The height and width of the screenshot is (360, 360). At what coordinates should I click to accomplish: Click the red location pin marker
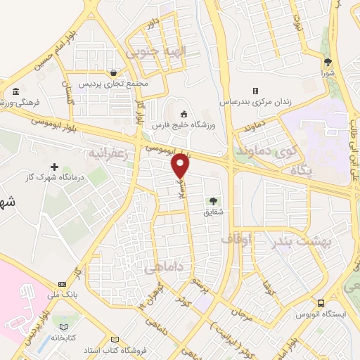click(181, 165)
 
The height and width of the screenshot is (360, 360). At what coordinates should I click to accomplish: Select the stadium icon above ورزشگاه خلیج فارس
click(184, 114)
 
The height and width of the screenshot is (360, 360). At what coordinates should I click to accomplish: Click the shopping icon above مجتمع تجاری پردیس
click(114, 72)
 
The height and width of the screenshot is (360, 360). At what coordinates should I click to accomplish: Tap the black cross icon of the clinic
click(55, 167)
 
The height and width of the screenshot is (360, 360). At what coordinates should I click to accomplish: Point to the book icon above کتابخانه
click(65, 327)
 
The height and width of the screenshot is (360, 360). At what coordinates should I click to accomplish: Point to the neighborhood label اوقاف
click(236, 239)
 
